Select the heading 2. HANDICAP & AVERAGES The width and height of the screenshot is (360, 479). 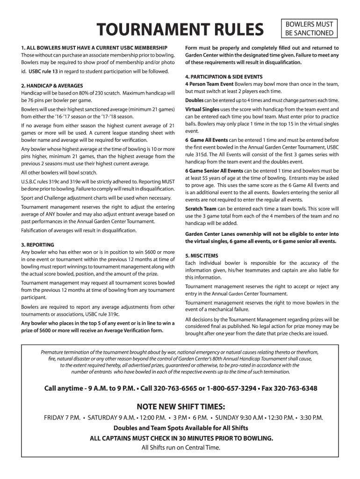(x=52, y=86)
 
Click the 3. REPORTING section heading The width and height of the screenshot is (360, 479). (x=38, y=245)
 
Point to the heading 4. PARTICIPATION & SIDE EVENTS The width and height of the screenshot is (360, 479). (x=223, y=76)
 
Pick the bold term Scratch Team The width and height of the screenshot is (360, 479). (x=201, y=208)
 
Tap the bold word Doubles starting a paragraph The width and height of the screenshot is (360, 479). (x=194, y=101)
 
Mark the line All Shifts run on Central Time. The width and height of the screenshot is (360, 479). (x=180, y=447)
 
